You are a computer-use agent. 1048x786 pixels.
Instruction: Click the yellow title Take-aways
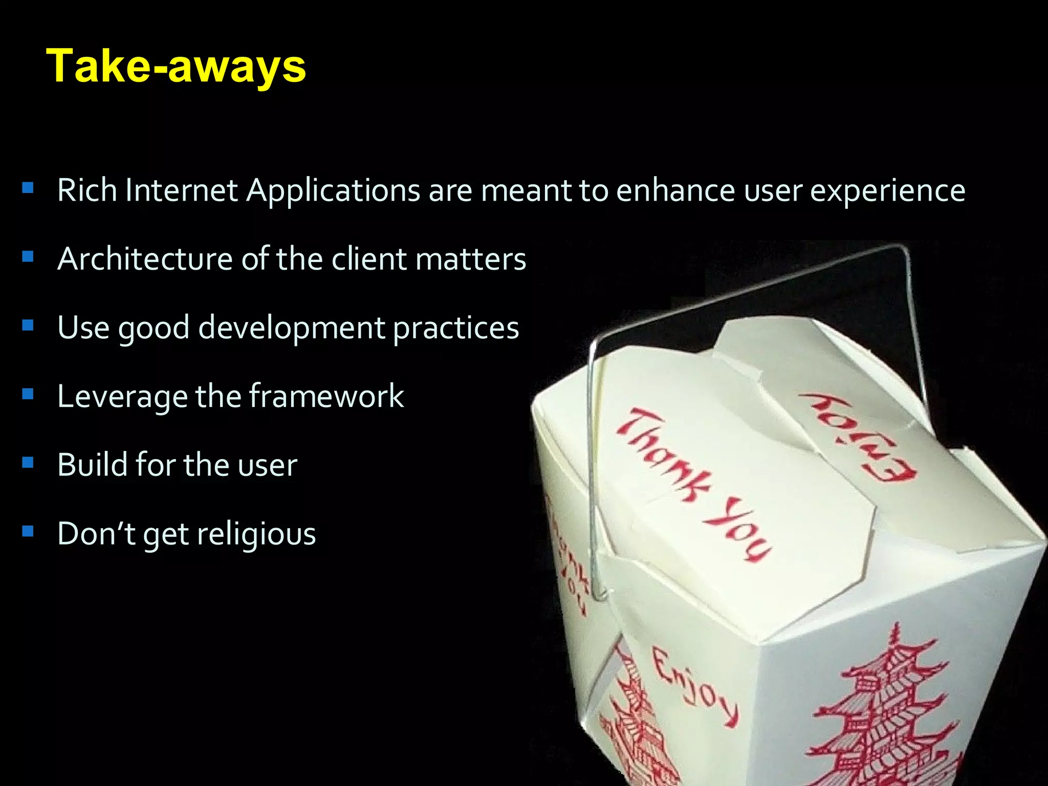click(x=176, y=67)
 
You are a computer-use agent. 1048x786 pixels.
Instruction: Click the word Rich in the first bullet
click(x=87, y=190)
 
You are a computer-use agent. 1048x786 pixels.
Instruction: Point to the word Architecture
click(x=145, y=259)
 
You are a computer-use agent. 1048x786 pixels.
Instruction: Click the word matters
click(x=471, y=259)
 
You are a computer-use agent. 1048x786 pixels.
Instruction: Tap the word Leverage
click(x=122, y=397)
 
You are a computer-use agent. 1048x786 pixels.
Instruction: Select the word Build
click(x=92, y=465)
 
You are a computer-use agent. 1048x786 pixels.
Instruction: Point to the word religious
click(x=256, y=534)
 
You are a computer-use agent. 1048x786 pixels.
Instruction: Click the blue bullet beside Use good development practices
click(x=28, y=325)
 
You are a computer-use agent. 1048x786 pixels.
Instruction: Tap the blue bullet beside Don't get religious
click(x=28, y=531)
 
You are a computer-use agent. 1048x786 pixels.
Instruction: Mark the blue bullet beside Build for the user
click(x=28, y=463)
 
